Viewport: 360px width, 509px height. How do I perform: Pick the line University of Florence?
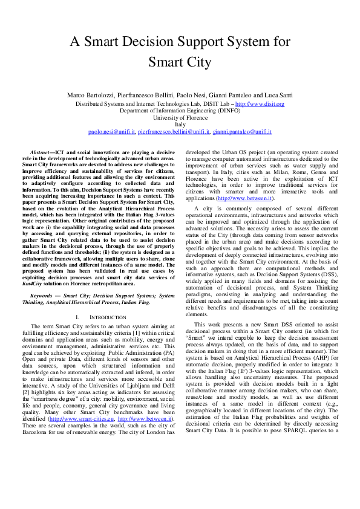pyautogui.click(x=180, y=118)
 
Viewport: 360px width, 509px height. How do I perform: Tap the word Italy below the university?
pyautogui.click(x=180, y=125)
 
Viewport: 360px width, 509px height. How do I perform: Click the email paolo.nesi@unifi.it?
pyautogui.click(x=111, y=131)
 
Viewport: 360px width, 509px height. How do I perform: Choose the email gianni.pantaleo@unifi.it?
pyautogui.click(x=241, y=131)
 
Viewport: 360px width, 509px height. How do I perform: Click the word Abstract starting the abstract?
pyautogui.click(x=41, y=152)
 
